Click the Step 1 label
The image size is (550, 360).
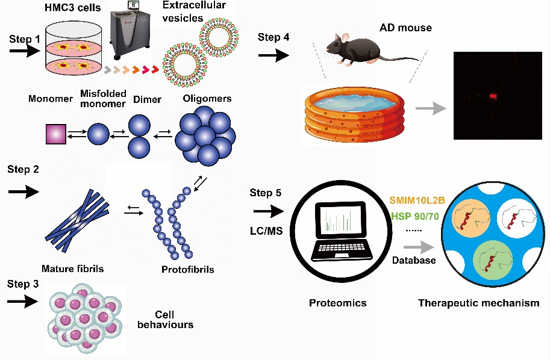coord(25,39)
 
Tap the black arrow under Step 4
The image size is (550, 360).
coord(272,56)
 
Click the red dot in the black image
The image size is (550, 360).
coord(493,95)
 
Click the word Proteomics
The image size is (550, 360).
coord(337,303)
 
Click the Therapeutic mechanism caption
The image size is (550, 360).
coord(478,303)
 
